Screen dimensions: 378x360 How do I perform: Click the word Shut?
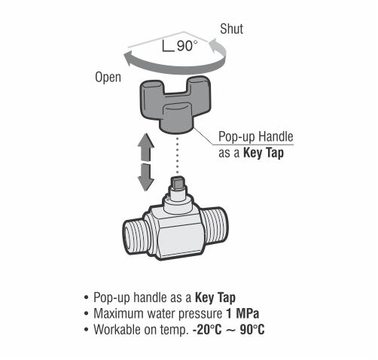231,29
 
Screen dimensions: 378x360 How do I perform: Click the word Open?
108,77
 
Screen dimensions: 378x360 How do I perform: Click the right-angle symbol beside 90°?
168,46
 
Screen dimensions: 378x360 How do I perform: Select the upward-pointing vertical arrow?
146,147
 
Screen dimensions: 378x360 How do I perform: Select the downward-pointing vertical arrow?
146,177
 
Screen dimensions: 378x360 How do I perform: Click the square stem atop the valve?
177,182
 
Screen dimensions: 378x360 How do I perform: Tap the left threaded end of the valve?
134,237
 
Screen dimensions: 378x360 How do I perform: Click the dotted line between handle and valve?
178,155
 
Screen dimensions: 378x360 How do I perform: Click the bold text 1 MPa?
242,313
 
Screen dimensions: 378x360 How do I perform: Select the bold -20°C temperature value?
207,329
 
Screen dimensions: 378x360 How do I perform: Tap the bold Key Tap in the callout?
264,153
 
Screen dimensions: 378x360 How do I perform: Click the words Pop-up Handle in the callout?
256,136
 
